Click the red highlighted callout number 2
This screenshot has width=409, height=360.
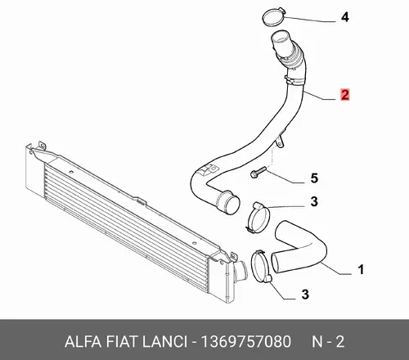345,95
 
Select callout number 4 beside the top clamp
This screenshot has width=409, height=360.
345,17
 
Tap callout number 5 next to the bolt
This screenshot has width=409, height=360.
314,178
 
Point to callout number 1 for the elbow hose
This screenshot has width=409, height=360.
361,269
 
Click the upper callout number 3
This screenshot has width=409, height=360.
314,201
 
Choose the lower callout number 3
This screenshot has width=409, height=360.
305,295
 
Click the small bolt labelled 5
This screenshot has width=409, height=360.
258,173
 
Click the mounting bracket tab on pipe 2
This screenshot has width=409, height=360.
280,141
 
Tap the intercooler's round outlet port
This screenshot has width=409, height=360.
241,272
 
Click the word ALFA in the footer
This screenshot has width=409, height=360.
83,342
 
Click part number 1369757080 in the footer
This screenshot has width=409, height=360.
245,342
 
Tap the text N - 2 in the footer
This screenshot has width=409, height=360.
328,342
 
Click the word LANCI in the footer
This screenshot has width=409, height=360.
165,342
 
